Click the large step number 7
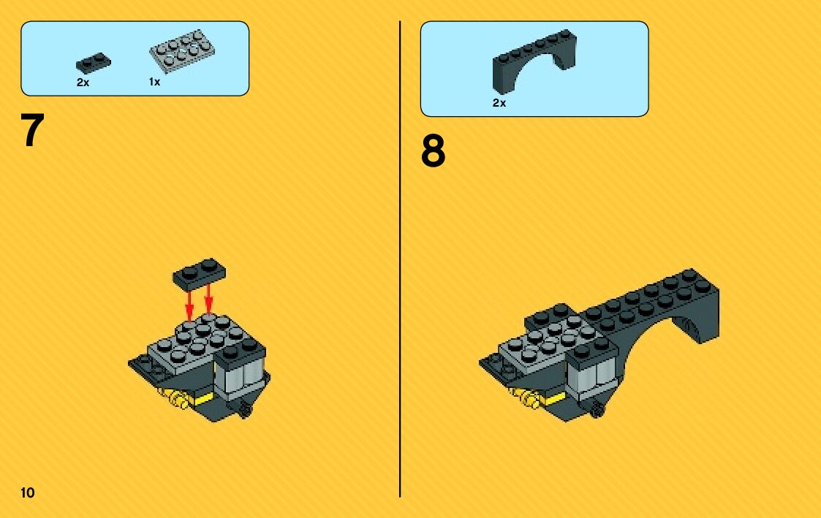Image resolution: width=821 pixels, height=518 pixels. (x=32, y=130)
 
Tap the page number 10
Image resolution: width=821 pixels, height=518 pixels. (x=28, y=493)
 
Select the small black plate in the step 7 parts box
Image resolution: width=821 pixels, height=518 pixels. (x=93, y=63)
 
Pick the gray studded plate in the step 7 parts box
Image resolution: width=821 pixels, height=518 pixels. (x=182, y=51)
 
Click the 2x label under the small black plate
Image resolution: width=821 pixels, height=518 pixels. (x=83, y=83)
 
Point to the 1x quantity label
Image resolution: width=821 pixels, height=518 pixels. (x=154, y=82)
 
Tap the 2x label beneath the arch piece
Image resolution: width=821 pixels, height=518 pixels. (x=499, y=103)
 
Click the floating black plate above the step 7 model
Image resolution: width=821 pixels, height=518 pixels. (x=200, y=273)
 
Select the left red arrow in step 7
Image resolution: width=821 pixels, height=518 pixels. (x=189, y=303)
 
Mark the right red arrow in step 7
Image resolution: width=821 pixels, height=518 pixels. (x=208, y=300)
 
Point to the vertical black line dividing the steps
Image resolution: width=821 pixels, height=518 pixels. (x=400, y=259)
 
